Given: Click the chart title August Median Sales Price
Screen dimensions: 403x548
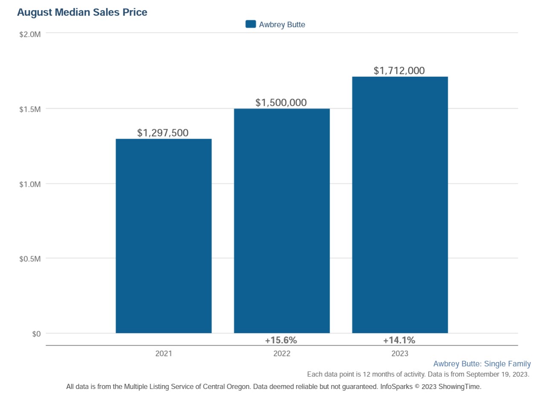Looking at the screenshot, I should (x=82, y=12).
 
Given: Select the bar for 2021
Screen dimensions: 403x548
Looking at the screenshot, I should (x=163, y=236).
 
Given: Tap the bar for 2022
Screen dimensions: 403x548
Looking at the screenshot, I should (x=281, y=220).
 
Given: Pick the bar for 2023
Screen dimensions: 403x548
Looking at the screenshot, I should (x=400, y=205).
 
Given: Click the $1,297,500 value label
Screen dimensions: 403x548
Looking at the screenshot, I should (x=162, y=133).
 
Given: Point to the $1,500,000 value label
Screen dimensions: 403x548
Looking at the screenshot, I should (x=281, y=102).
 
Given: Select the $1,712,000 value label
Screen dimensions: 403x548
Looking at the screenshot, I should (x=399, y=70).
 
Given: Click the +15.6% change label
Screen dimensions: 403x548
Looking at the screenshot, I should (x=281, y=340).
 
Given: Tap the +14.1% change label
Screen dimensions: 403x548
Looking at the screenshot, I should (x=399, y=340).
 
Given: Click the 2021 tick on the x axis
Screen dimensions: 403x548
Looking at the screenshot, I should (x=163, y=354).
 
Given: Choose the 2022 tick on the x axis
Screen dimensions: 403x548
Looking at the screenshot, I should (x=281, y=354).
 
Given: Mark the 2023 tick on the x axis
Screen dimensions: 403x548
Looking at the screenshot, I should (x=400, y=354).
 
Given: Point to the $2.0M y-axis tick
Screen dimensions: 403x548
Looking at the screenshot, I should (x=30, y=34).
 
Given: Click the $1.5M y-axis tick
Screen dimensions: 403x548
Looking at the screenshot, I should (x=30, y=109).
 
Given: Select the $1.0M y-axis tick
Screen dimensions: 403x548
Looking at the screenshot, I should (x=30, y=184).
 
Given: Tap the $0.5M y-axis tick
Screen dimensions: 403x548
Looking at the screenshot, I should (x=30, y=259).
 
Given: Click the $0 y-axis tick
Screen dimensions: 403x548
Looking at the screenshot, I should (x=36, y=334).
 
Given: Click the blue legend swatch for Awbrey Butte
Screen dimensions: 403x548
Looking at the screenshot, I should (x=250, y=24).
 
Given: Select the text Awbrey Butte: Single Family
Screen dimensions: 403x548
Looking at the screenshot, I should (x=482, y=364).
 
